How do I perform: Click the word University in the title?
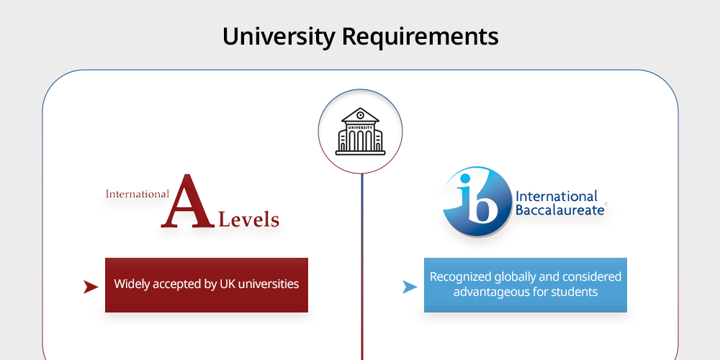coord(279,37)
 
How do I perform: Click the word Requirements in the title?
coord(420,37)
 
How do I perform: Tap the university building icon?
coord(361,132)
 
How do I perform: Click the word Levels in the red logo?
coord(249,220)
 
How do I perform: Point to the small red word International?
coord(138,194)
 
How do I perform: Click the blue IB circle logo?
coord(477,202)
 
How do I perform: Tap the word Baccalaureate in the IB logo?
coord(559,210)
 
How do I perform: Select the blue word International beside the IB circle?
coord(557,197)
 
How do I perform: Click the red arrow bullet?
coord(91,287)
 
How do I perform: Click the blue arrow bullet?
coord(410,287)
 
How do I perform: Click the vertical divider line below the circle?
coord(362,267)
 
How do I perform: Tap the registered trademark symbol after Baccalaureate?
coord(606,204)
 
